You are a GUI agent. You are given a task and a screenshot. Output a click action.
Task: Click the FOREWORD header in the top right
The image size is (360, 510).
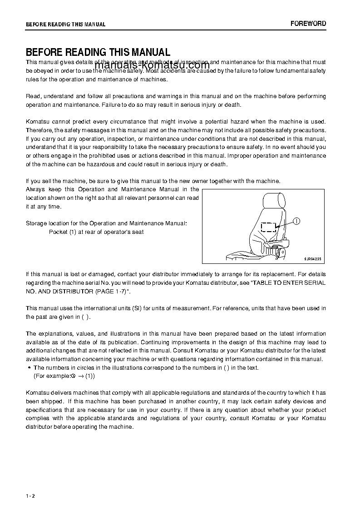(308, 24)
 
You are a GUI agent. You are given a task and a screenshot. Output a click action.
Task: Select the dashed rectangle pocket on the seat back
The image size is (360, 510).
(268, 227)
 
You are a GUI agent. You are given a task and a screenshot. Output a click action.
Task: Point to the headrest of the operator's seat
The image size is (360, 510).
(273, 200)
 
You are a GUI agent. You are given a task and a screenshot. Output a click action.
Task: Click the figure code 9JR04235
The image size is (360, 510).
(312, 259)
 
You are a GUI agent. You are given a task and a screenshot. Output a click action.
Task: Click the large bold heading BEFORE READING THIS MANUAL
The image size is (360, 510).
(98, 52)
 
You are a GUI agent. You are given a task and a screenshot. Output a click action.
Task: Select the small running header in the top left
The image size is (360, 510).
(65, 25)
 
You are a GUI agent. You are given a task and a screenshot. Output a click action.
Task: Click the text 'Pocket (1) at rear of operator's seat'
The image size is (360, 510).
(96, 232)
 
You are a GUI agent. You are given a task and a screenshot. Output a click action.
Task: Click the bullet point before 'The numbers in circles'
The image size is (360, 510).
(29, 368)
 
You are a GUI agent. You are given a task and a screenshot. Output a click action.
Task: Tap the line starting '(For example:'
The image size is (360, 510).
(64, 376)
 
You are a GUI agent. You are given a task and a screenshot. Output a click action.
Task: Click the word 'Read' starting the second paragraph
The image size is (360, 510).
(33, 96)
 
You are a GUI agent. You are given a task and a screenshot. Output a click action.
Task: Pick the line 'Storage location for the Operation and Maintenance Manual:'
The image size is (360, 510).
(106, 223)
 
